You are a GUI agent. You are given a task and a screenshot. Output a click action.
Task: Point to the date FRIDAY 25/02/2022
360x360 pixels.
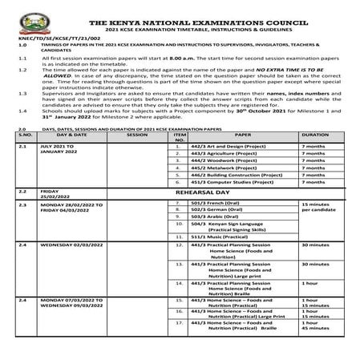pyautogui.click(x=57, y=195)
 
